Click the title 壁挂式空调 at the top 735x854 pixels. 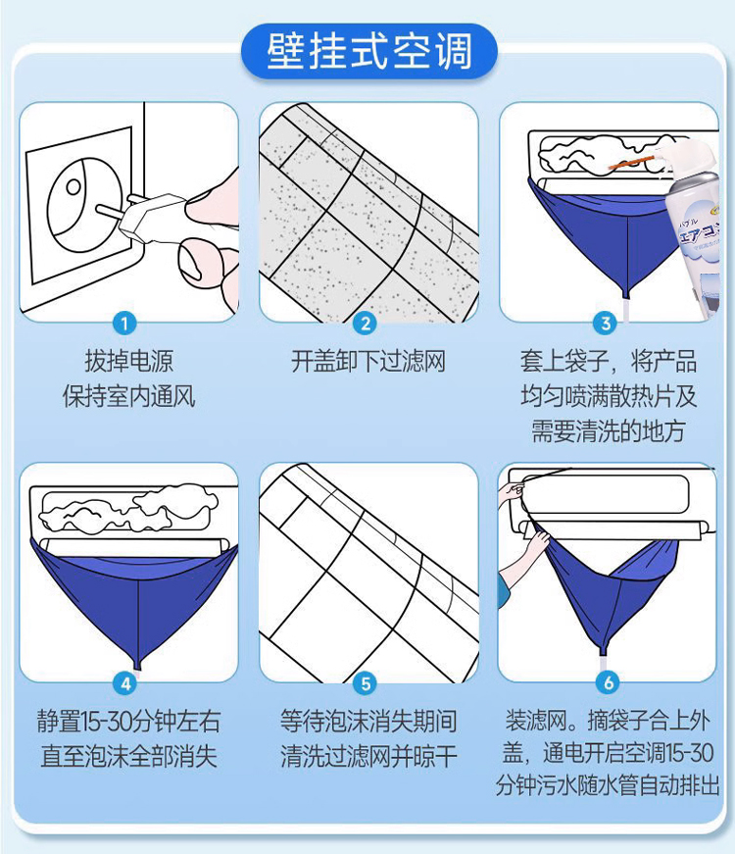pos(369,52)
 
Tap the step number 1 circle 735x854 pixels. pos(124,324)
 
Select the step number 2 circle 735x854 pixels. pos(365,324)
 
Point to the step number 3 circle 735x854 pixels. pos(605,324)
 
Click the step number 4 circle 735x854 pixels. pos(125,683)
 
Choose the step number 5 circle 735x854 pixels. pos(365,683)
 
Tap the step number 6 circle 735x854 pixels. pos(608,681)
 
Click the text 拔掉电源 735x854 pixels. pos(129,361)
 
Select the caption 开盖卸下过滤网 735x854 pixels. pos(368,361)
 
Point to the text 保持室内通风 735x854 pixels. pos(128,396)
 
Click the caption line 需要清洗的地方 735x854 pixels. pos(609,430)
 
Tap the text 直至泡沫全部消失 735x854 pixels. pos(129,756)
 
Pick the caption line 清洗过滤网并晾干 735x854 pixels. pos(368,756)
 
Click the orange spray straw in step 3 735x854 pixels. pos(630,163)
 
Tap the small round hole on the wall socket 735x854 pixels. pos(73,187)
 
